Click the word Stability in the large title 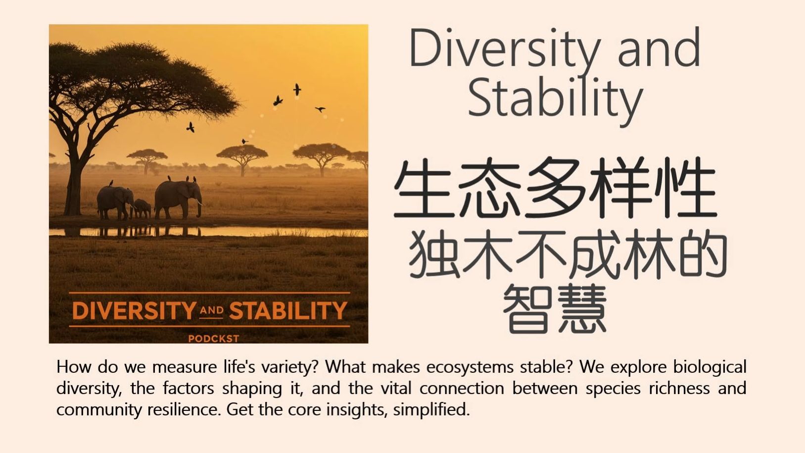coord(555,99)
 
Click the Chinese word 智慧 coord(555,308)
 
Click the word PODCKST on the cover coord(213,339)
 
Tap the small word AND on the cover coord(212,310)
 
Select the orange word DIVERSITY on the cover coord(135,310)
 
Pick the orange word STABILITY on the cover coord(288,310)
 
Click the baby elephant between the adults coord(142,208)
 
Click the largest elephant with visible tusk coord(178,199)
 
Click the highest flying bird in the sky coord(297,90)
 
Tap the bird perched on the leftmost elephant coord(111,183)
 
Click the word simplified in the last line coord(431,410)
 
